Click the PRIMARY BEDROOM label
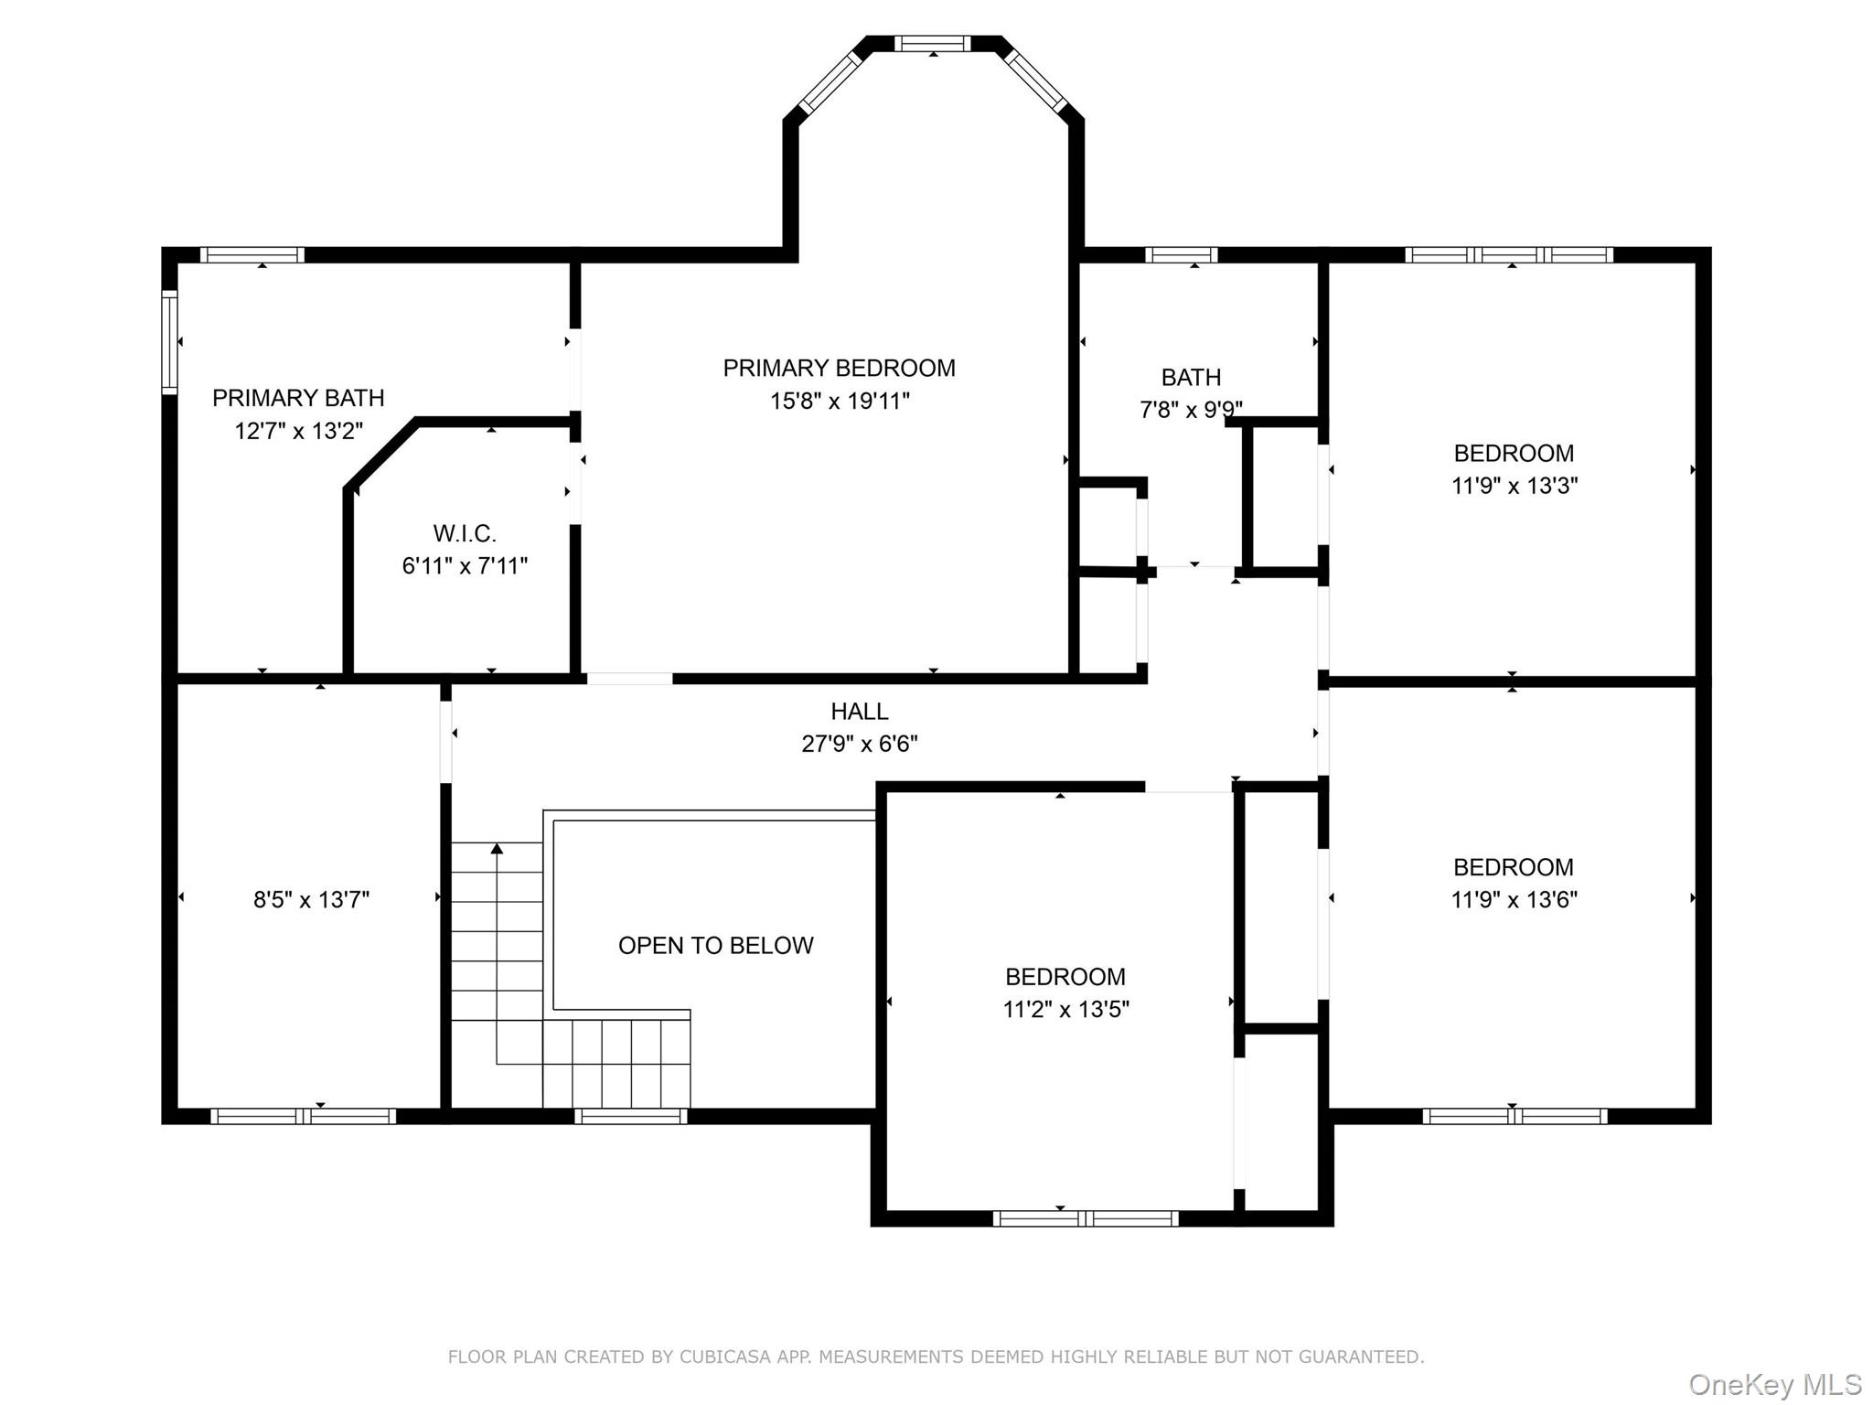tap(839, 368)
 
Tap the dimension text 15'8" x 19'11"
tap(839, 401)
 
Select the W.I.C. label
tap(465, 533)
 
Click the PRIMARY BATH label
tap(298, 398)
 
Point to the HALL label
tap(859, 711)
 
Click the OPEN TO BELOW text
tap(715, 945)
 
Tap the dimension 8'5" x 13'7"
tap(311, 899)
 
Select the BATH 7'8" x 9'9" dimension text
tap(1190, 409)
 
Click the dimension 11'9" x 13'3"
tap(1514, 486)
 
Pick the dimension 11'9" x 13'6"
tap(1514, 899)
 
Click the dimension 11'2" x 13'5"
tap(1065, 1009)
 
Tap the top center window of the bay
tap(932, 43)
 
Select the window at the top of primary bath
tap(252, 254)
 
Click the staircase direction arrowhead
tap(497, 849)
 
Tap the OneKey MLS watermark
tap(1774, 1384)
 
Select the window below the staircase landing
tap(630, 1116)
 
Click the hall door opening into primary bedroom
tap(629, 679)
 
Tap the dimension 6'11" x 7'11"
tap(465, 566)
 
